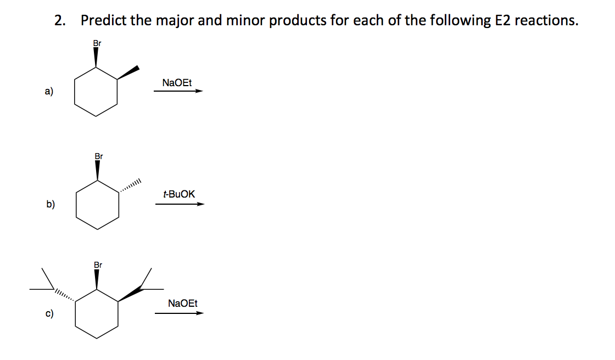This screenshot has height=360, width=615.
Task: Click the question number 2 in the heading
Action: click(59, 21)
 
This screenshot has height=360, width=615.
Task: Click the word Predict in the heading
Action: click(104, 21)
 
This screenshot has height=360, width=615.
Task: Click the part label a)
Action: click(49, 92)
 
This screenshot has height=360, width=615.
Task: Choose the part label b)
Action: click(51, 205)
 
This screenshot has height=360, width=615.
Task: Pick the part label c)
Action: click(50, 314)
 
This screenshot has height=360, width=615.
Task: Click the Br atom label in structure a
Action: click(97, 43)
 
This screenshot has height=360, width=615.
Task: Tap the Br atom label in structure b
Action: click(98, 156)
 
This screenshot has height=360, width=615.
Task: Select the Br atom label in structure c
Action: click(98, 266)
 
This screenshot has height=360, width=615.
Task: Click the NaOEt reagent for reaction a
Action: click(177, 83)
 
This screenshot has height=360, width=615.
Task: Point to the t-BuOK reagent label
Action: click(179, 194)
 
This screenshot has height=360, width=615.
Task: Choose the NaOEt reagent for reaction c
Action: click(183, 303)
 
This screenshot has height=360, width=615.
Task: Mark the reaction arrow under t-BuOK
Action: click(180, 204)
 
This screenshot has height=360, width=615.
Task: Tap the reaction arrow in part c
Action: click(179, 313)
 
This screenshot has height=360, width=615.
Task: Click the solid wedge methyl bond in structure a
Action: click(128, 73)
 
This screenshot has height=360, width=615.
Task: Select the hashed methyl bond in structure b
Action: click(131, 186)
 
